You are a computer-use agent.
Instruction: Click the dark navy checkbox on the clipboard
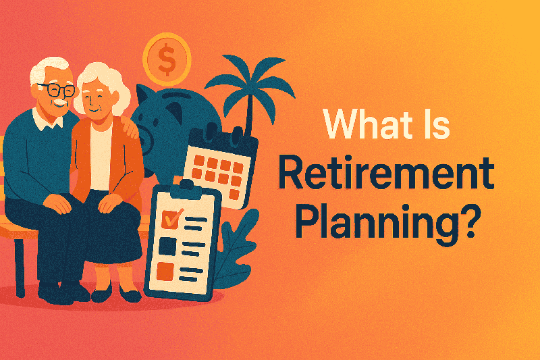[166, 245]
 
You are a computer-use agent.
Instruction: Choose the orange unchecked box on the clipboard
[166, 270]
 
